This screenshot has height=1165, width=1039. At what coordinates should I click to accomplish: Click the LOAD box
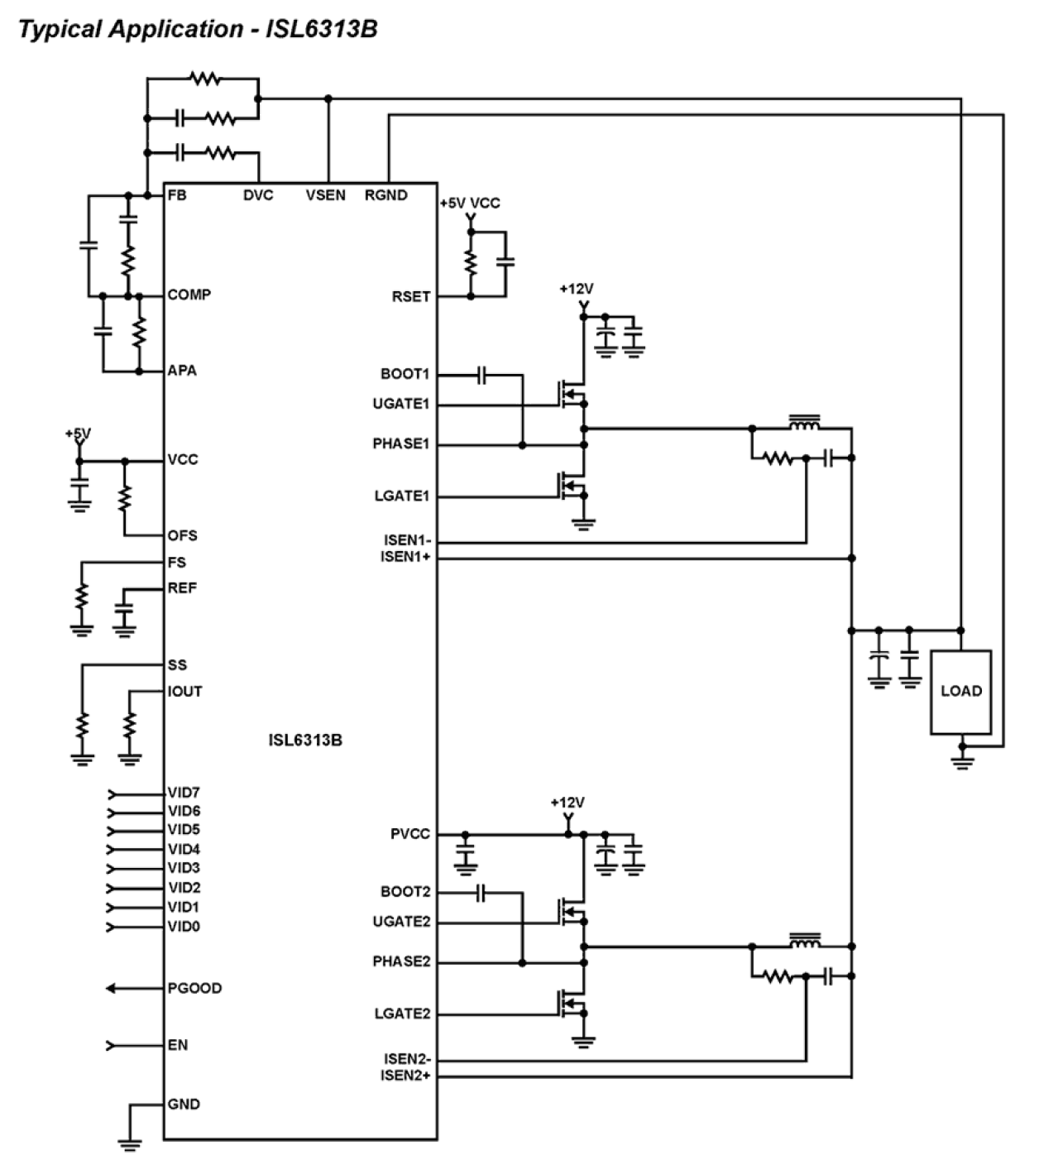point(960,692)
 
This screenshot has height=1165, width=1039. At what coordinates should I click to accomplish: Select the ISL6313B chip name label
point(304,740)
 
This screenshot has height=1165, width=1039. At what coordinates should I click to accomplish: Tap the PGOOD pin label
point(194,988)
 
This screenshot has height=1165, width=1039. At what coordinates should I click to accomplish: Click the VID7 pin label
point(184,793)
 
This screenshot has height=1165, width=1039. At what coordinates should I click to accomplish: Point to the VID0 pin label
point(184,927)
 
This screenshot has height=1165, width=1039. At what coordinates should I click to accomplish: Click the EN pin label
point(178,1045)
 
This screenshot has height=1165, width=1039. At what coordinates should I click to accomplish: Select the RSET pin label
point(411,296)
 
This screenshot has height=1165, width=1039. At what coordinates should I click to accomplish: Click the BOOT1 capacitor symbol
point(482,376)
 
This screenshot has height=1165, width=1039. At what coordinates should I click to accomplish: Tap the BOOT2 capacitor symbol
point(482,893)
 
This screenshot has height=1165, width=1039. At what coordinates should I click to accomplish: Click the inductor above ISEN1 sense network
point(804,424)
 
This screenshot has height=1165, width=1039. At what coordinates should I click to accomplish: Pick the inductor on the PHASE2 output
point(804,942)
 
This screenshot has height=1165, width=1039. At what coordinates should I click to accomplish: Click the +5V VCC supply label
point(470,203)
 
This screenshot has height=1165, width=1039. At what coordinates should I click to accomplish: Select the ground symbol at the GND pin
point(129,1143)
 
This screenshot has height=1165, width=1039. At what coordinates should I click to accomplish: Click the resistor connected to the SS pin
point(82,726)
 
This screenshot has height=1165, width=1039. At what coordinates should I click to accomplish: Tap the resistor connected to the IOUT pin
point(129,726)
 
